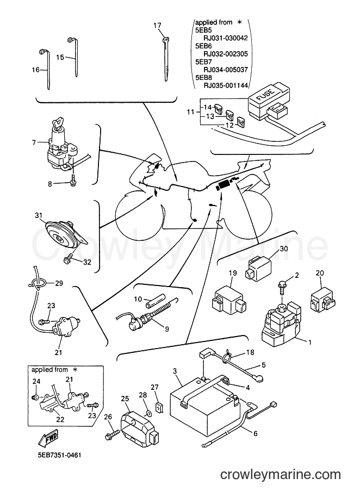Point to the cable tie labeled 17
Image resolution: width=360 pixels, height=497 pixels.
pyautogui.click(x=166, y=59)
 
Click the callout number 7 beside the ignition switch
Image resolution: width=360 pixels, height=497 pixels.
pyautogui.click(x=34, y=142)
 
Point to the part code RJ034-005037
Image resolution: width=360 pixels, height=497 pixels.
pyautogui.click(x=225, y=70)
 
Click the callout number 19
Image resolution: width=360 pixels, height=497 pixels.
pyautogui.click(x=233, y=273)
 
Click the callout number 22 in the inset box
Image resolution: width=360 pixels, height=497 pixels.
pyautogui.click(x=60, y=419)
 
